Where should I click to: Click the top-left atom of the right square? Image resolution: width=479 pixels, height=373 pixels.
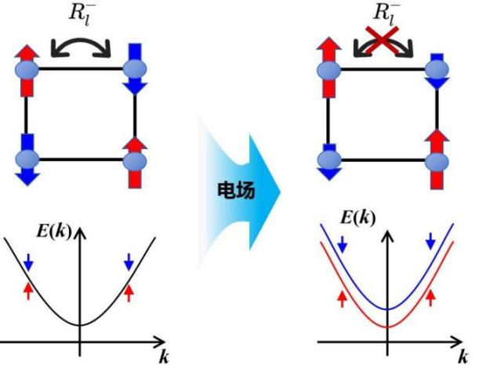click(329, 68)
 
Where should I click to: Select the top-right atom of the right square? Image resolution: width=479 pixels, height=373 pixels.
click(437, 69)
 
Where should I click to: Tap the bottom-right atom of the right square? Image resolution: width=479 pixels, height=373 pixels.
click(437, 159)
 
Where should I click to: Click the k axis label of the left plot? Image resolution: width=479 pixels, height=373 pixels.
click(163, 358)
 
